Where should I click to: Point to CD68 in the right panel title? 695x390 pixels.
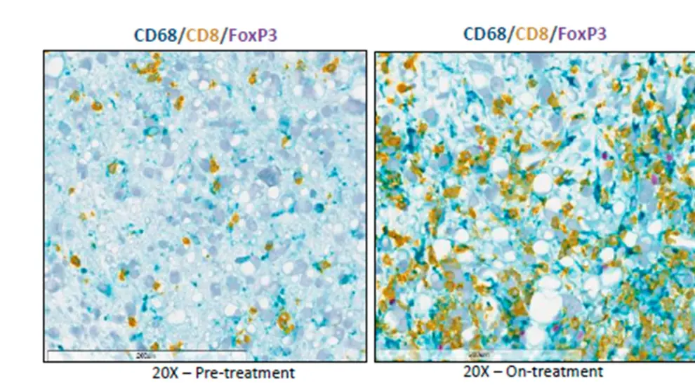(486, 34)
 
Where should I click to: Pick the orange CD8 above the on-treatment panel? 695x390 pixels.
(532, 34)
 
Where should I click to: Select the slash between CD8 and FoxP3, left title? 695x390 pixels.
(222, 35)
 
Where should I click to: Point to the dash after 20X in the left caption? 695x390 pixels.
(186, 372)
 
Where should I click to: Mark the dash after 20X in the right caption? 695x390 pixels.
(497, 371)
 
